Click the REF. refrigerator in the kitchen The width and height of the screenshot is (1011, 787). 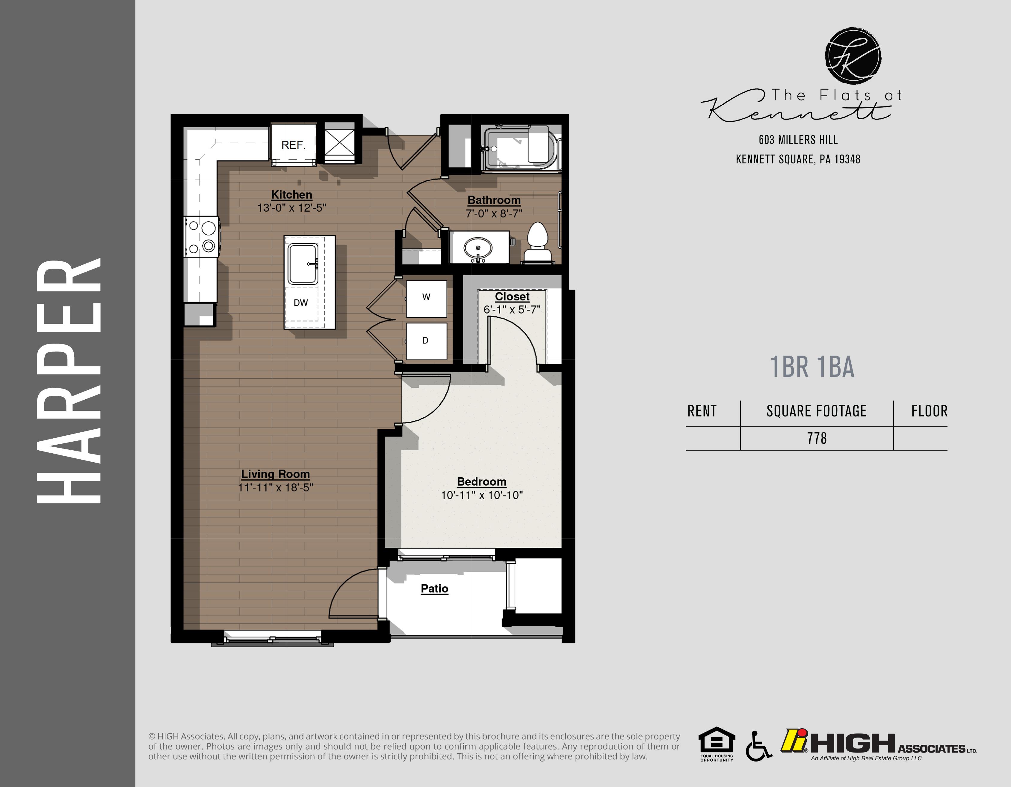[294, 144]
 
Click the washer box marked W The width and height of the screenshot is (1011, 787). [426, 298]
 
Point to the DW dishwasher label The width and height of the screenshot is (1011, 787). [301, 303]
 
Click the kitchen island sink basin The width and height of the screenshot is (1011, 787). [303, 264]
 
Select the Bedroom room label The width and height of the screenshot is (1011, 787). [481, 482]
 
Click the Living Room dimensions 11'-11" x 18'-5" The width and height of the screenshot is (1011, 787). [275, 487]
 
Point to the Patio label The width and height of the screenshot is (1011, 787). [434, 589]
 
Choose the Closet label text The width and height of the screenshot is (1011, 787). [512, 297]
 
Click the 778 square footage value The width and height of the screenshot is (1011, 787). [817, 438]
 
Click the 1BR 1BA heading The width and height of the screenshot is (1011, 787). [812, 367]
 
